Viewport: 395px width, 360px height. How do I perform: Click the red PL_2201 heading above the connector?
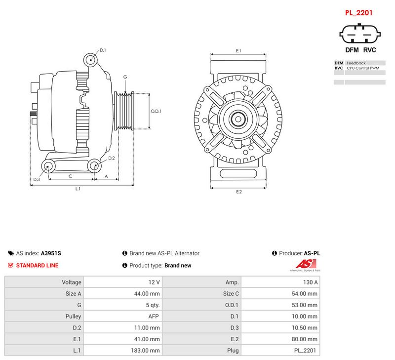coord(358,13)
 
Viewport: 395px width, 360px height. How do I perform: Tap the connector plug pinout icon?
coord(360,34)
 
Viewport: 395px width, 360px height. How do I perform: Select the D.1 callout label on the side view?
coord(103,50)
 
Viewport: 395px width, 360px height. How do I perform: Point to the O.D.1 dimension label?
coord(156,111)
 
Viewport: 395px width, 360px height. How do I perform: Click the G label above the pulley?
coord(125,77)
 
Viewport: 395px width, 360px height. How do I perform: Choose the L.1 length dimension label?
coord(78,189)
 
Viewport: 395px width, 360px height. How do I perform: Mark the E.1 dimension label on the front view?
coord(238,51)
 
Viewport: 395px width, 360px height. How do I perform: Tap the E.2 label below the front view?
coord(239,192)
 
